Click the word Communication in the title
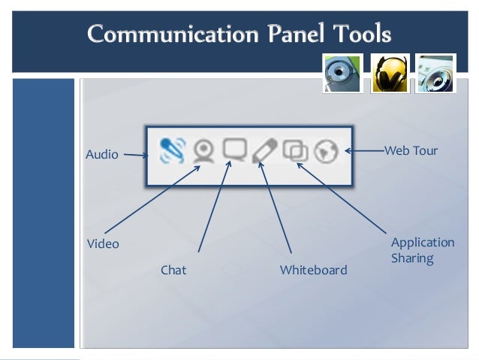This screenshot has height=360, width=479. tap(173, 34)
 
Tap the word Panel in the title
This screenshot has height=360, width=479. tap(296, 33)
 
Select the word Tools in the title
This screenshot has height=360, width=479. tap(362, 33)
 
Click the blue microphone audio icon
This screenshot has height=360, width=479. tap(173, 150)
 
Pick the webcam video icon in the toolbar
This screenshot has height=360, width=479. tap(203, 150)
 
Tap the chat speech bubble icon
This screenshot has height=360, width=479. tap(234, 149)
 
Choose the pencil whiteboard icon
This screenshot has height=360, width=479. tap(264, 150)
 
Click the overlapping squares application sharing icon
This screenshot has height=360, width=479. tap(295, 150)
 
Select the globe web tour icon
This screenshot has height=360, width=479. tap(326, 151)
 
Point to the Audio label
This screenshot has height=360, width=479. tap(101, 155)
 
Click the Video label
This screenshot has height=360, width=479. tap(103, 244)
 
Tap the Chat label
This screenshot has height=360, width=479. tap(173, 270)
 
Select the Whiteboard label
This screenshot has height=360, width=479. tap(313, 270)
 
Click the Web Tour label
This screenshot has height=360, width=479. tap(411, 150)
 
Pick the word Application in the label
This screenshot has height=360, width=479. tap(423, 243)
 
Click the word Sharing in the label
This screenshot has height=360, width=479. tap(412, 258)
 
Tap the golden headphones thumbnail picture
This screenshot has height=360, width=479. tap(390, 74)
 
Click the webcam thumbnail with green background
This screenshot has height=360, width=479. tap(342, 74)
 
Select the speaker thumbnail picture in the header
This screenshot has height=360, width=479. tap(435, 74)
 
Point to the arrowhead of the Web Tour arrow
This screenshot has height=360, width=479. tap(345, 151)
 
